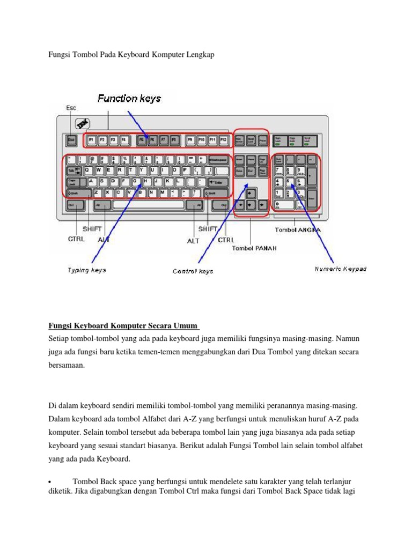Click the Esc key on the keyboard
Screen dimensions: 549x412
[71, 140]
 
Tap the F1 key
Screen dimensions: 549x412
[91, 140]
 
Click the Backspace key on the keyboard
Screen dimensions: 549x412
[218, 159]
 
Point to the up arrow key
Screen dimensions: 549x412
[250, 193]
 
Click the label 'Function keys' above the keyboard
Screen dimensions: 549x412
[129, 99]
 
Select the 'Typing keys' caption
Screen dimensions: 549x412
[86, 270]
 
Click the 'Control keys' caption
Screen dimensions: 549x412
[193, 271]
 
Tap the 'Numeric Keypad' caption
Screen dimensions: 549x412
[340, 269]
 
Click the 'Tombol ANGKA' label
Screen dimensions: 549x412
[298, 230]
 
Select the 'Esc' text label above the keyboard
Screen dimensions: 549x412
[71, 108]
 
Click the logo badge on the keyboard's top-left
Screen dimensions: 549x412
[82, 123]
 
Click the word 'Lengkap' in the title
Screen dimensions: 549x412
[200, 56]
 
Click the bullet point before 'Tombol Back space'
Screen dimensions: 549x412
[49, 481]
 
